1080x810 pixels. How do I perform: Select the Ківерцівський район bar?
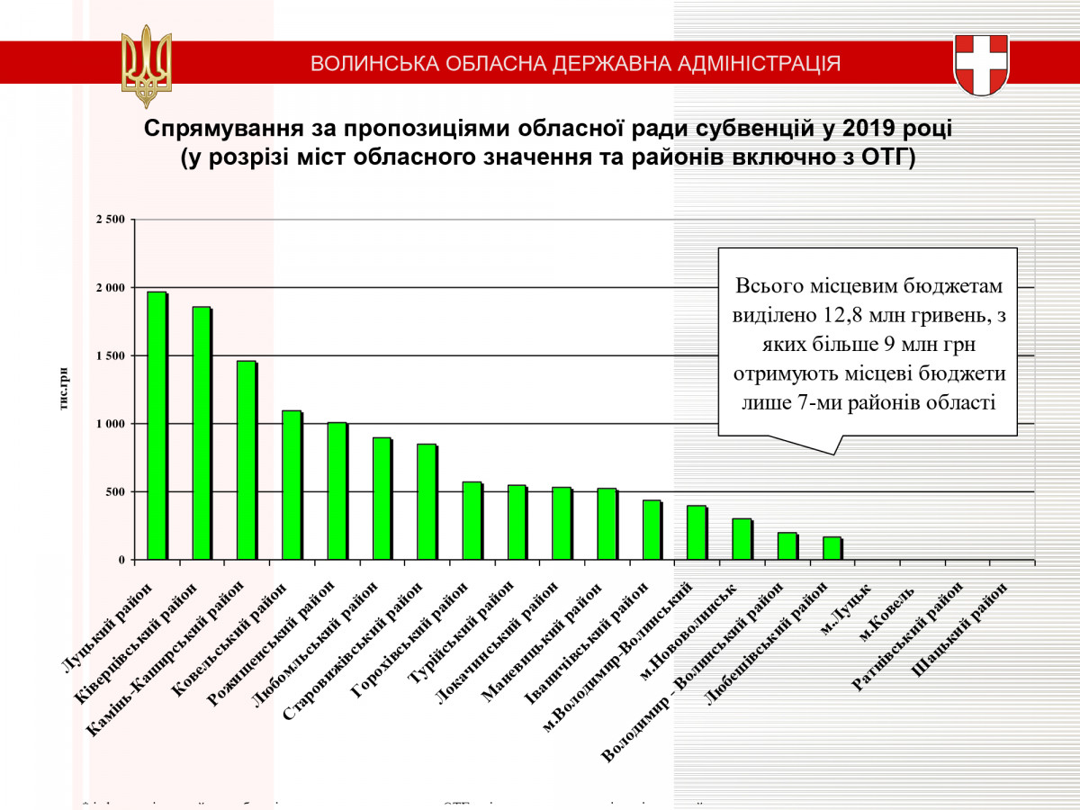(202, 433)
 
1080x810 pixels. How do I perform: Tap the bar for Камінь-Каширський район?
(247, 460)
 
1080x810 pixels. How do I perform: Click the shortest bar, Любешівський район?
(832, 548)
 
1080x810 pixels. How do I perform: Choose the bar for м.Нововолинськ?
(742, 539)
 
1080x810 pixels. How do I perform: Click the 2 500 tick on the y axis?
(112, 220)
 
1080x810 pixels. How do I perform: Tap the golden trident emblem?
(146, 65)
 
